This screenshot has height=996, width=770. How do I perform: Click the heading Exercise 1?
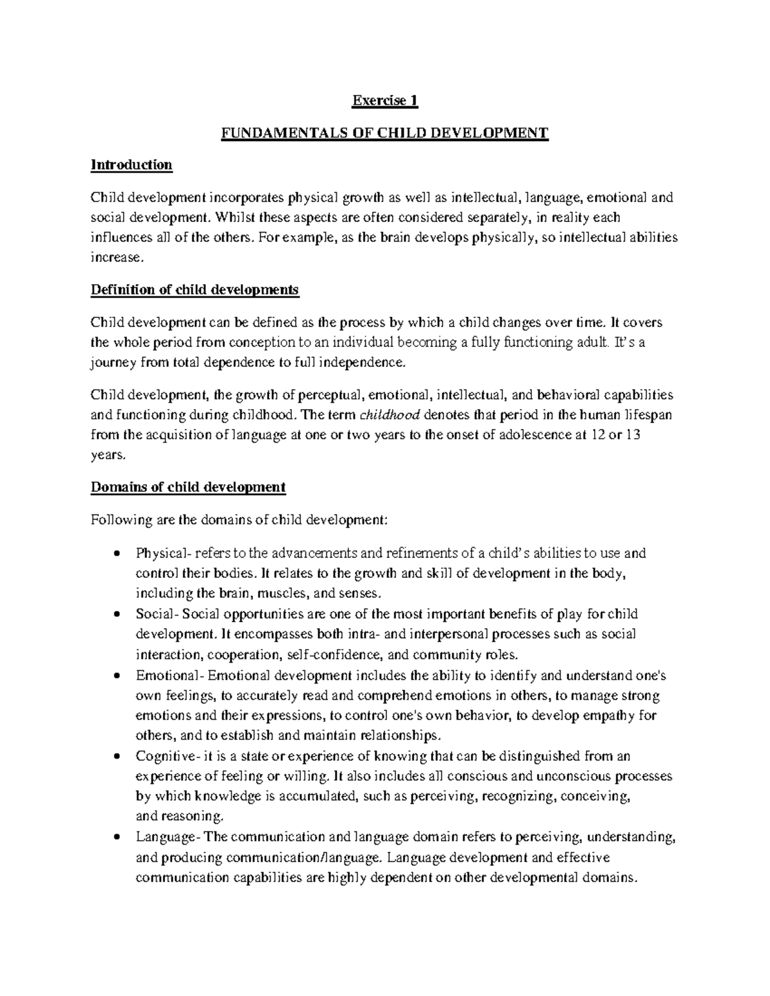pyautogui.click(x=385, y=101)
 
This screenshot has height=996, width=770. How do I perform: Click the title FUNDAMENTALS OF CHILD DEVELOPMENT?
pyautogui.click(x=385, y=133)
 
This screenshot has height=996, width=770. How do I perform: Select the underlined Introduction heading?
pyautogui.click(x=132, y=165)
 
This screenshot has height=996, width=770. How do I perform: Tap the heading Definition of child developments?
pyautogui.click(x=195, y=290)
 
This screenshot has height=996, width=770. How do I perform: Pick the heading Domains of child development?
pyautogui.click(x=188, y=487)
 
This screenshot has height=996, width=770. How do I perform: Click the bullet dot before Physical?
pyautogui.click(x=116, y=553)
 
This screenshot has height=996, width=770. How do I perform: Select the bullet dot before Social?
pyautogui.click(x=116, y=615)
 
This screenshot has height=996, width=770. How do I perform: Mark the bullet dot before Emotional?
pyautogui.click(x=116, y=676)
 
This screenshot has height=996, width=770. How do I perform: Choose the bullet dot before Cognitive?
pyautogui.click(x=116, y=757)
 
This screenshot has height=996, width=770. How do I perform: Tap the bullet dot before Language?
pyautogui.click(x=116, y=838)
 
